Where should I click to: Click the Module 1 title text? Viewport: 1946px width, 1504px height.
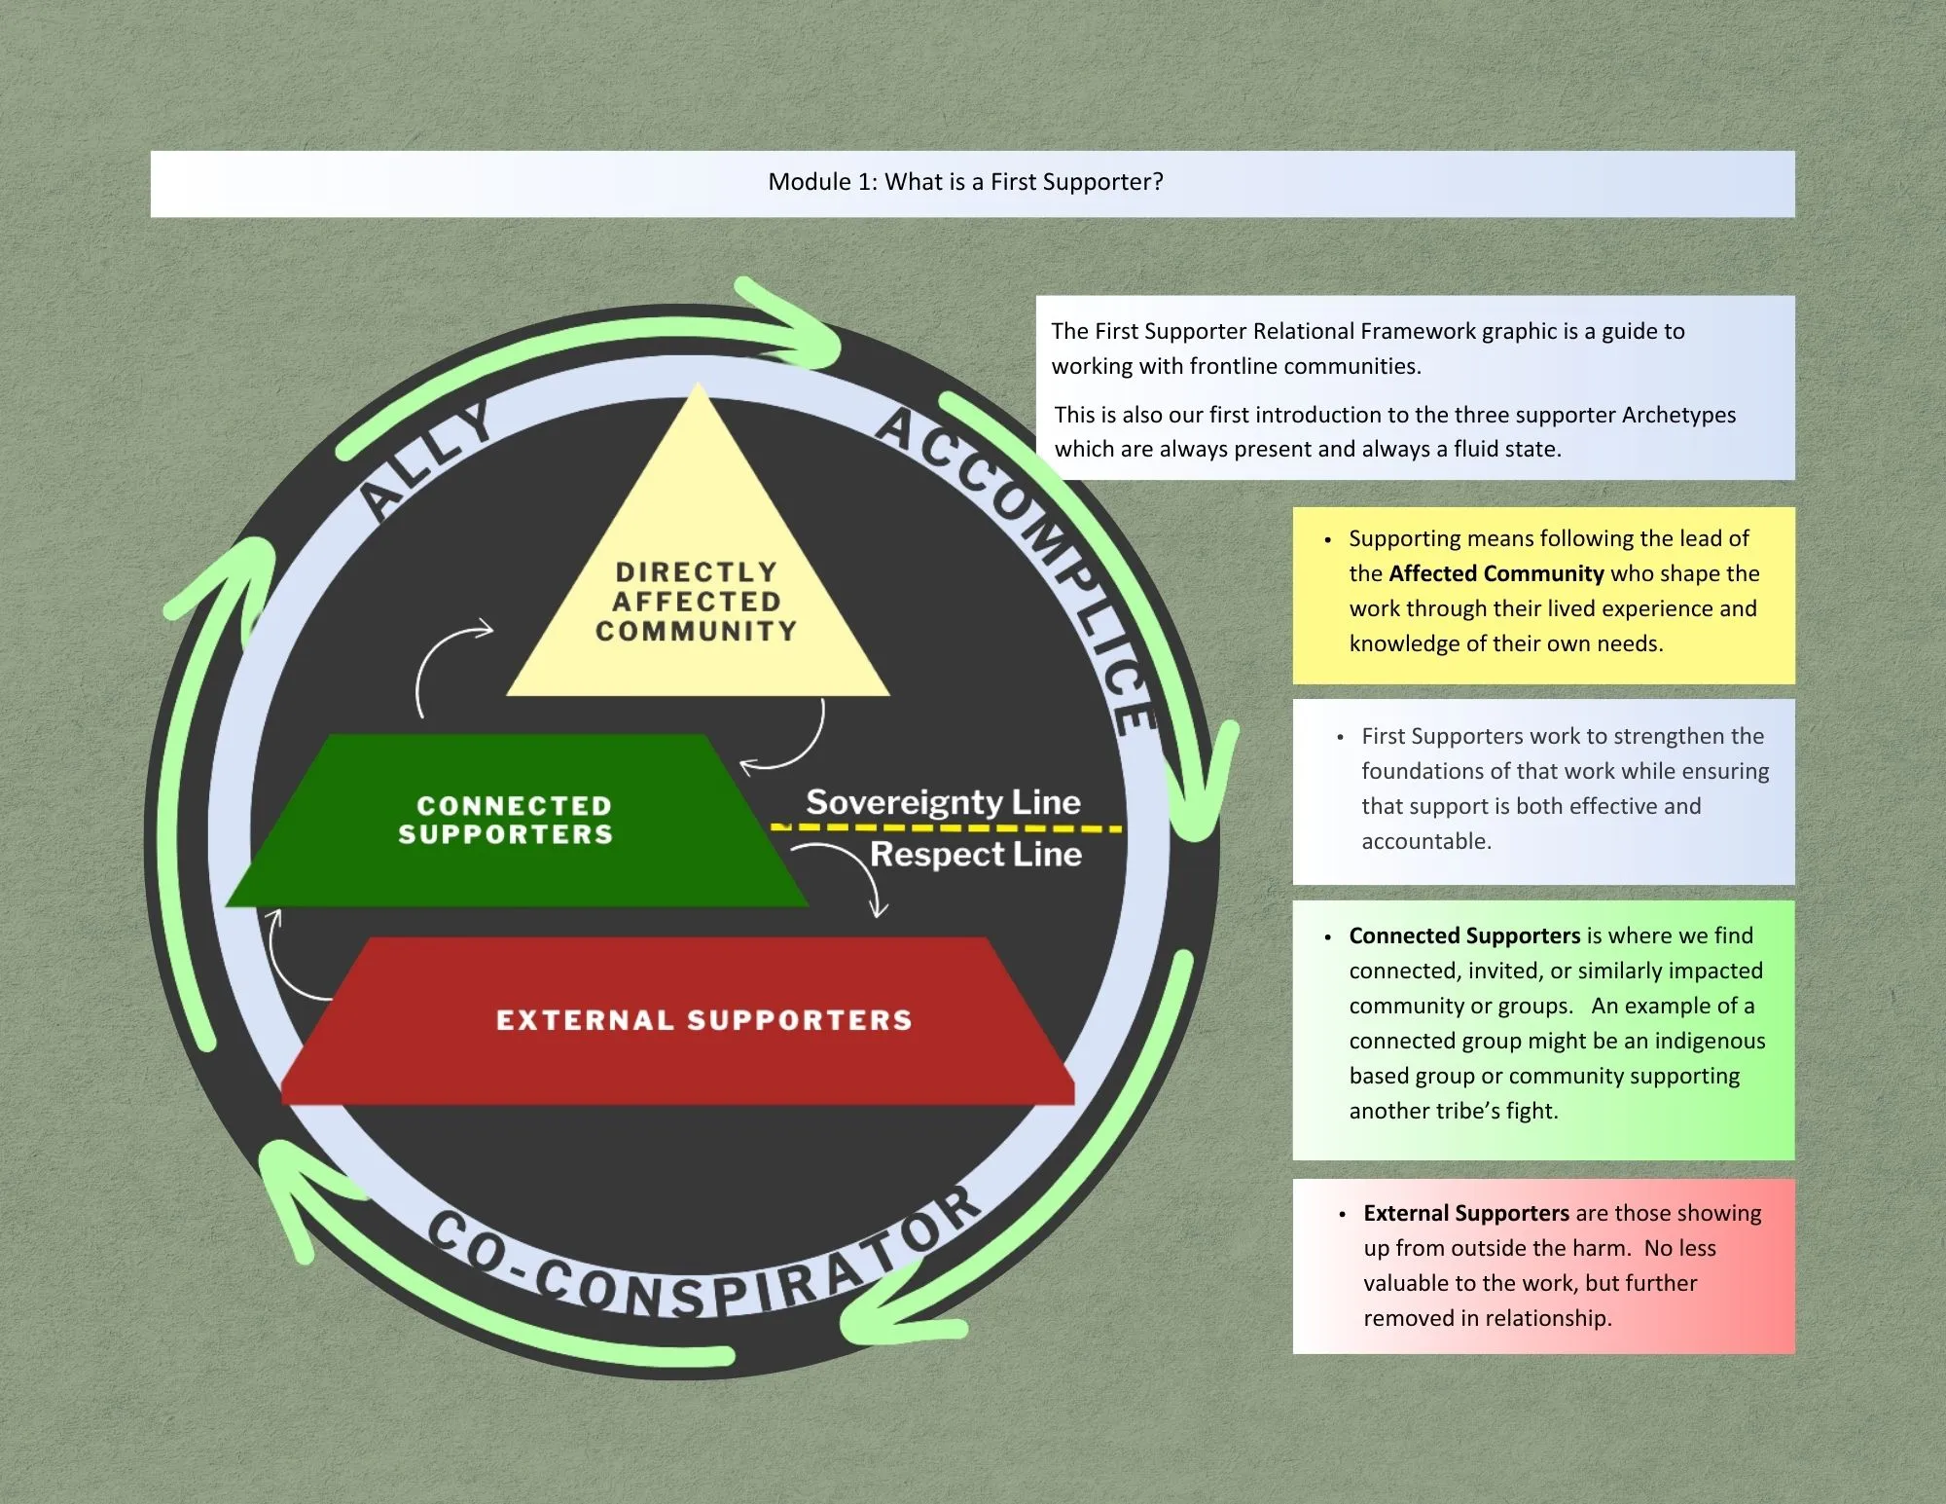(965, 182)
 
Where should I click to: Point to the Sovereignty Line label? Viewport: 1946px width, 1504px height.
(943, 802)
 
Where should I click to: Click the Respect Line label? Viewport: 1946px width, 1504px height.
(975, 855)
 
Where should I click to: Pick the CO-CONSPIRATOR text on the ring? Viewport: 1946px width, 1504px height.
(701, 1266)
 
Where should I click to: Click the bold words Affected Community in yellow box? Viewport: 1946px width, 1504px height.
(1496, 573)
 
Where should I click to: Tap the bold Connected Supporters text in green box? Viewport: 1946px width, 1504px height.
(1463, 935)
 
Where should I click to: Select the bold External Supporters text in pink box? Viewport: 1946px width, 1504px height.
(1465, 1213)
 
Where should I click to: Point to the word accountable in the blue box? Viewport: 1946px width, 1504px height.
(1425, 841)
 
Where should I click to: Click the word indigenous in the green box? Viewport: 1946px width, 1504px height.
(1710, 1041)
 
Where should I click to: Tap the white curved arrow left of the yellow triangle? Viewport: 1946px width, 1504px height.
(443, 662)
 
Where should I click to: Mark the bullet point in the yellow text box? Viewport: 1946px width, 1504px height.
(1327, 539)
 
